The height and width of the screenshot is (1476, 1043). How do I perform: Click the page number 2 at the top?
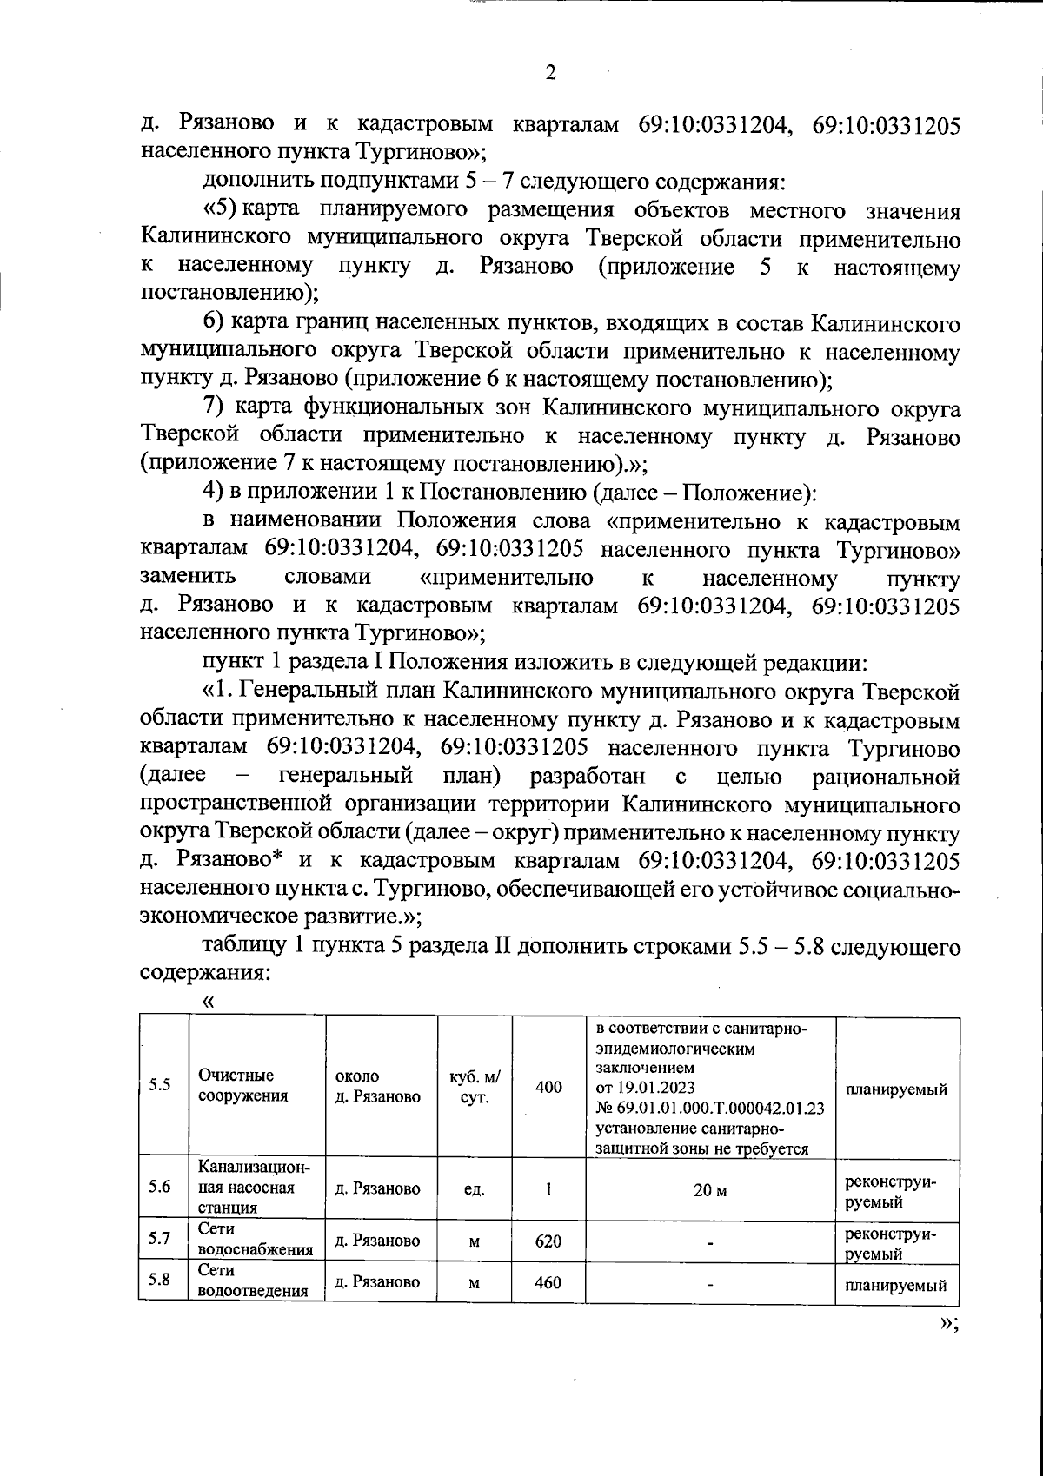[549, 73]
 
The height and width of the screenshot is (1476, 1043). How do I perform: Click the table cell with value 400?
[548, 1087]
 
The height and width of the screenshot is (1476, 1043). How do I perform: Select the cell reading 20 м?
[709, 1190]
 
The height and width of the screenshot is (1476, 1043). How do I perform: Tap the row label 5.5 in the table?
[159, 1085]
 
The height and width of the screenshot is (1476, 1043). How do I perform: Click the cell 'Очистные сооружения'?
[242, 1086]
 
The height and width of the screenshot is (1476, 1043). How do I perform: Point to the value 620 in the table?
[548, 1241]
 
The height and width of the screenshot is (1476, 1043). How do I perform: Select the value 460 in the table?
[548, 1282]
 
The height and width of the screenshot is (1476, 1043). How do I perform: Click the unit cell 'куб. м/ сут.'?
[474, 1087]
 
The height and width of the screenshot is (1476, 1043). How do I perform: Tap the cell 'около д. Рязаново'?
[377, 1086]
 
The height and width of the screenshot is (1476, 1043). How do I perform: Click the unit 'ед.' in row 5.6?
[474, 1190]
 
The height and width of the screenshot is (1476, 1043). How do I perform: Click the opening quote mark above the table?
[207, 1002]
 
